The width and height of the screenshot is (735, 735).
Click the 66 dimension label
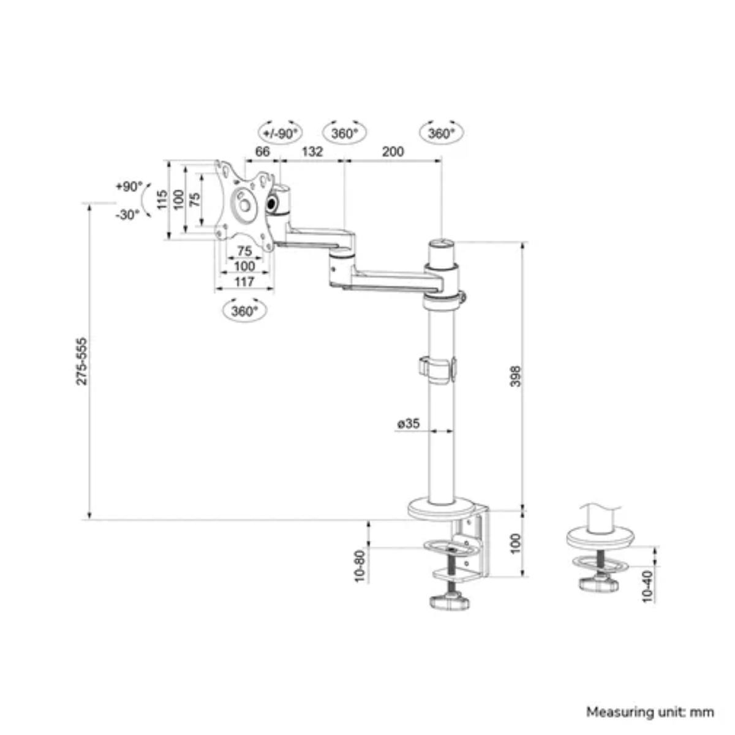click(263, 151)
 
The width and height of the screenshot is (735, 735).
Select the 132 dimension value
click(312, 151)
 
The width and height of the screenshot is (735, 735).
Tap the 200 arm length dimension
click(393, 151)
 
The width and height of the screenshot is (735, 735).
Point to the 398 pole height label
click(515, 375)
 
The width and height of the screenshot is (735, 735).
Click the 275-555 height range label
click(82, 361)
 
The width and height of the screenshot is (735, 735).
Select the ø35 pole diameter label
click(409, 423)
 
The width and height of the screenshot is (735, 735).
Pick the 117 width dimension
click(244, 282)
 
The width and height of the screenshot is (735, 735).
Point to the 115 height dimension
click(162, 200)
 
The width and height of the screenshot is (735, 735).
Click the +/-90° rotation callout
click(280, 133)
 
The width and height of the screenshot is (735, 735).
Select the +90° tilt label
click(128, 187)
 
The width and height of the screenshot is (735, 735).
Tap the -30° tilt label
click(127, 214)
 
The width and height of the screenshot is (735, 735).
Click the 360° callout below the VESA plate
click(244, 311)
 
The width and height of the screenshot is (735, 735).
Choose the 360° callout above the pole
click(441, 133)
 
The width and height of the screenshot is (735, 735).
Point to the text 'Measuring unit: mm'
click(650, 712)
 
